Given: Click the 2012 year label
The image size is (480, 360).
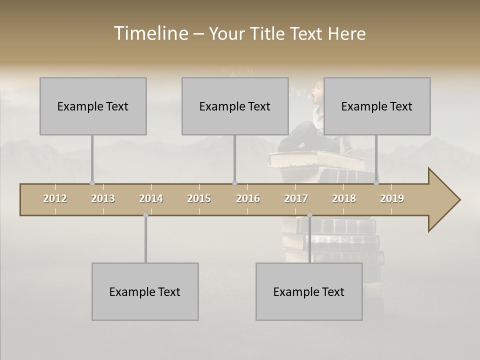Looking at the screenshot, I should coord(55,198).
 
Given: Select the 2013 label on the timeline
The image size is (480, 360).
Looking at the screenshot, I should coord(103,198).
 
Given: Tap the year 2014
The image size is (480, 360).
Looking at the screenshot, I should coord(151,198).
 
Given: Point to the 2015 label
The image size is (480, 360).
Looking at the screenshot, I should coord(199,198).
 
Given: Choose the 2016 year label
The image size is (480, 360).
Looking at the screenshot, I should coord(248,198).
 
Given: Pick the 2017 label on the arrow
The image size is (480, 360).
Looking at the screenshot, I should coord(296,198).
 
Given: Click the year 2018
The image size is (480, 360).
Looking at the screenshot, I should coord(344,198).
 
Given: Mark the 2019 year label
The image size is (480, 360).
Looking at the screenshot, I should coord(392,198).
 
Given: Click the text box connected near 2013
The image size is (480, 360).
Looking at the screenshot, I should coord(93,106).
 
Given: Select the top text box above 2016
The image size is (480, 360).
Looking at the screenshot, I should coord(235,106).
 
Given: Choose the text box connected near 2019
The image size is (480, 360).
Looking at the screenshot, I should coord(377,106).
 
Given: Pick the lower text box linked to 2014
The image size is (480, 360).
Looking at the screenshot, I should coord(145,291).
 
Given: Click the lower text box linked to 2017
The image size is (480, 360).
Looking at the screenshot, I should coord(309,291).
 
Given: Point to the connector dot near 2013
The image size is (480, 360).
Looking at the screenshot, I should coord(92,183).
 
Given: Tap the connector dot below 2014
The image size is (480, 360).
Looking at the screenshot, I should coord(145,215).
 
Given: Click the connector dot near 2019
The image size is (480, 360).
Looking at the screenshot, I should coord(376,183).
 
